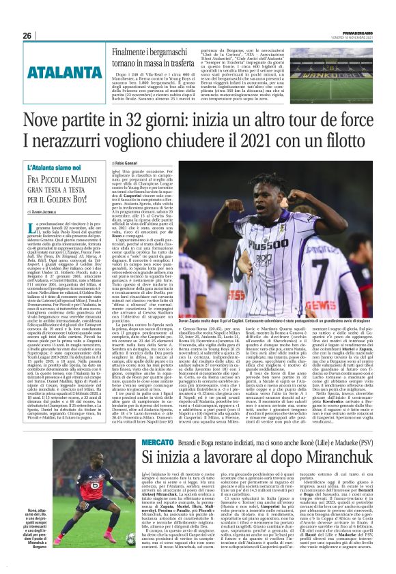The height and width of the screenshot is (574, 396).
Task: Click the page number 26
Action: (x=27, y=35)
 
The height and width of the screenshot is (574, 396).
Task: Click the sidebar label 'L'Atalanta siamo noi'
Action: (x=55, y=166)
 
